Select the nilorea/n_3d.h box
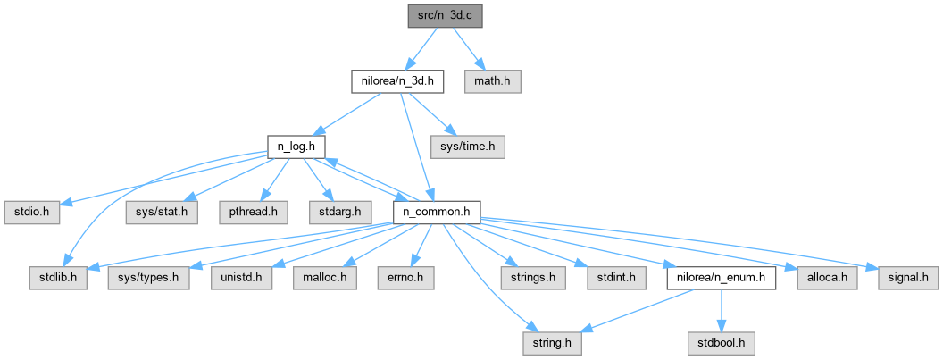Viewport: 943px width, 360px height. [397, 81]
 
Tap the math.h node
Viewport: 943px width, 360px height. [493, 81]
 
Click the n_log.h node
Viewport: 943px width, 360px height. [296, 147]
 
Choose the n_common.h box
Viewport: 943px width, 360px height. [436, 213]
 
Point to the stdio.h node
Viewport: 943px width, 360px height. [32, 213]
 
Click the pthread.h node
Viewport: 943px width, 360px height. [253, 213]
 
